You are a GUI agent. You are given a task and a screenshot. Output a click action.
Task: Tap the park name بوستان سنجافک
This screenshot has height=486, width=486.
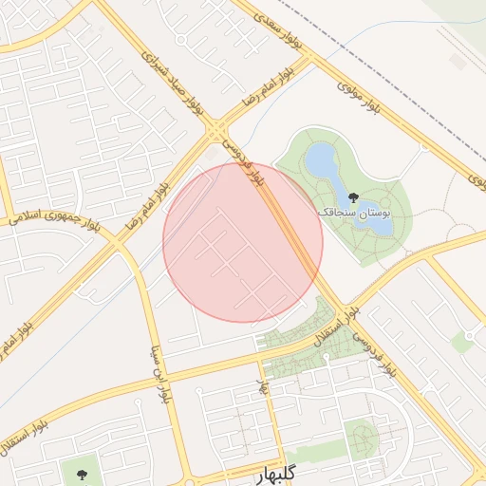click(355, 214)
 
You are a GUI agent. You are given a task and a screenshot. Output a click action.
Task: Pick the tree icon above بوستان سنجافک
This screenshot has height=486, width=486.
click(354, 197)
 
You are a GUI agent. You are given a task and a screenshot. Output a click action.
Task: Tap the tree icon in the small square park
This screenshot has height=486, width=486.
click(78, 470)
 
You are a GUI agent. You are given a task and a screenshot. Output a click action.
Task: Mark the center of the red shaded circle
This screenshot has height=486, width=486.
click(243, 242)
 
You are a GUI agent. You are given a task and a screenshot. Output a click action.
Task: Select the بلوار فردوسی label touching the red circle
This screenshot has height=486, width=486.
click(243, 163)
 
